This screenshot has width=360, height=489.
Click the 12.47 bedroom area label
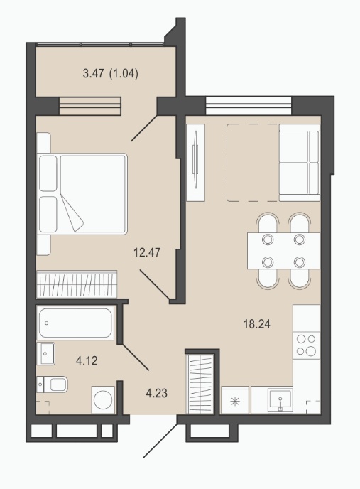click(x=147, y=252)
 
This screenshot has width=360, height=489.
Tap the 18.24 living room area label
click(x=257, y=324)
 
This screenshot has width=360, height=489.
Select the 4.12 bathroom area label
click(x=87, y=361)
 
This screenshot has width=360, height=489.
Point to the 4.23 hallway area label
click(x=156, y=393)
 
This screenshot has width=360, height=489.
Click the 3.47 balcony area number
click(x=93, y=74)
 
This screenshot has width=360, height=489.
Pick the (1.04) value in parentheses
click(x=124, y=74)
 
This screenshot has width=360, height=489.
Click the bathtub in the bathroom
click(x=75, y=323)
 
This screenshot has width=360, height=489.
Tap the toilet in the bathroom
click(x=53, y=385)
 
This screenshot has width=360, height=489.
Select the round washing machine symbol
click(x=103, y=400)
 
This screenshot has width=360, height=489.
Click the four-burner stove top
click(x=306, y=345)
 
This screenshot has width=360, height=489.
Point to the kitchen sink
click(x=280, y=399)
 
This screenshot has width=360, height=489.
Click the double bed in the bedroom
click(x=82, y=193)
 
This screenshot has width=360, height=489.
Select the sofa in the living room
click(x=299, y=163)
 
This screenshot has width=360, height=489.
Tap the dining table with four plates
click(x=283, y=251)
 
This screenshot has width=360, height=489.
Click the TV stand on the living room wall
click(x=195, y=162)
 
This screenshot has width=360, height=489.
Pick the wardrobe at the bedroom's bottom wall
click(x=77, y=284)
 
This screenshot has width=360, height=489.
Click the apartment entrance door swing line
click(x=160, y=441)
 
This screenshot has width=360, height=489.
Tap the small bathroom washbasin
click(x=45, y=353)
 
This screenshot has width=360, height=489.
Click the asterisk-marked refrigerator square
click(x=235, y=400)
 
